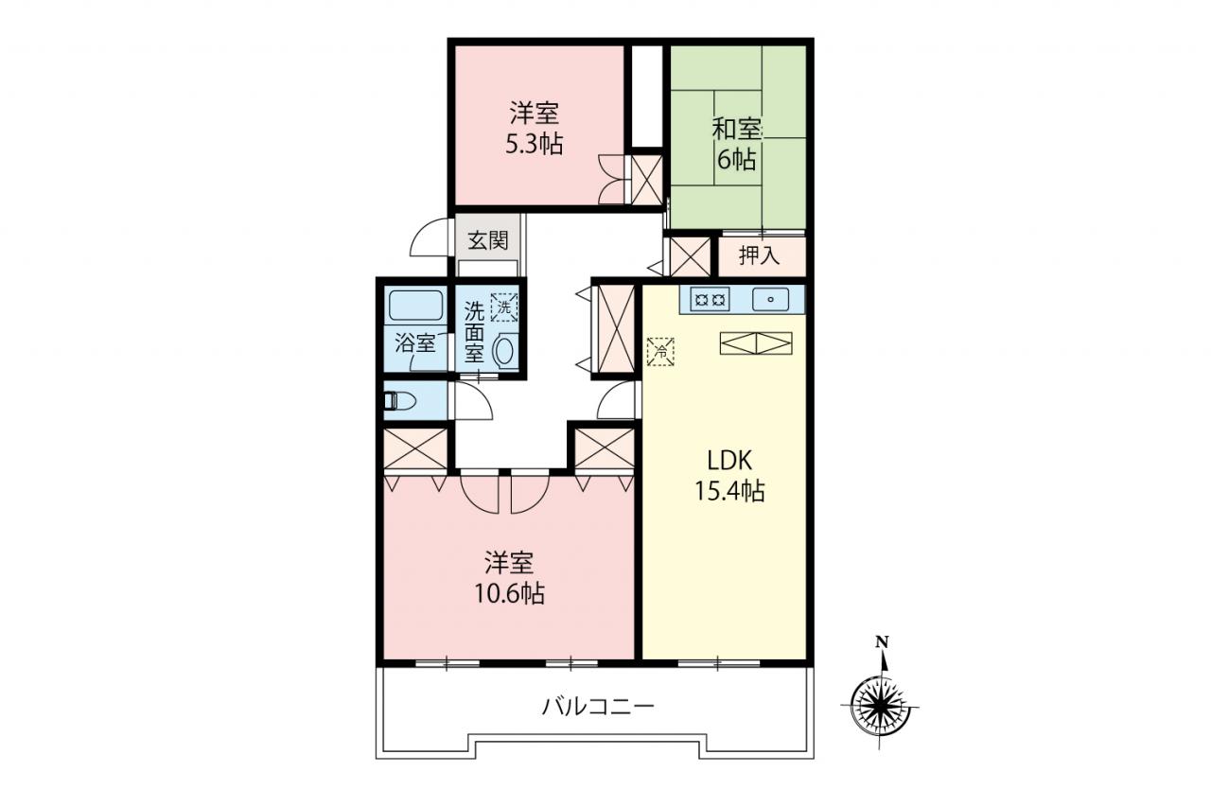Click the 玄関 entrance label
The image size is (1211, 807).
coord(488,240)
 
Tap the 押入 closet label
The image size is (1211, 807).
coord(760,255)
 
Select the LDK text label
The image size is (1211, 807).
coord(729,461)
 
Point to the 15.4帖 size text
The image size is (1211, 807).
coord(729,491)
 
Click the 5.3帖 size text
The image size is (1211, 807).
coord(535,145)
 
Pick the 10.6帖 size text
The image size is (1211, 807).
coord(509,594)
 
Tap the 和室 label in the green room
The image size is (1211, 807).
coord(737,131)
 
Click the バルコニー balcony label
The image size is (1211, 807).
coord(599,706)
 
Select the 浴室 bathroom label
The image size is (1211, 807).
coord(414,342)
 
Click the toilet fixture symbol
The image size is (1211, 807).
coord(399,401)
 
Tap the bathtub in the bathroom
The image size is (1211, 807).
coord(416,306)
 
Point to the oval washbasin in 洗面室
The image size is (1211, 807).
coord(504,351)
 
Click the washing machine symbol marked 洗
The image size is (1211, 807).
coord(504,307)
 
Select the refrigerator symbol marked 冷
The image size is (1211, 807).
coord(660,352)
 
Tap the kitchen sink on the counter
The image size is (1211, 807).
coord(770,299)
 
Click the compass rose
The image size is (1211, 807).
coord(880,706)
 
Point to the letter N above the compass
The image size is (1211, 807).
coord(882,642)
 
